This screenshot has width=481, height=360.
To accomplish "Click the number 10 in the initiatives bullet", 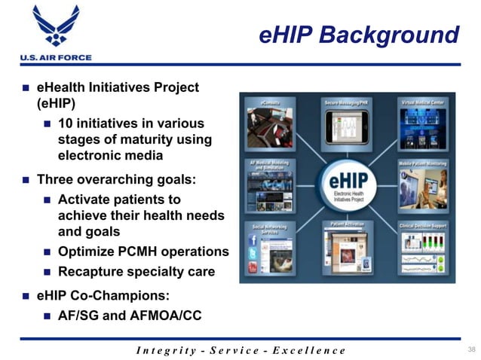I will [x=66, y=122].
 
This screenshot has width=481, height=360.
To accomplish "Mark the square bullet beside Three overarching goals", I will [x=25, y=180].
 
